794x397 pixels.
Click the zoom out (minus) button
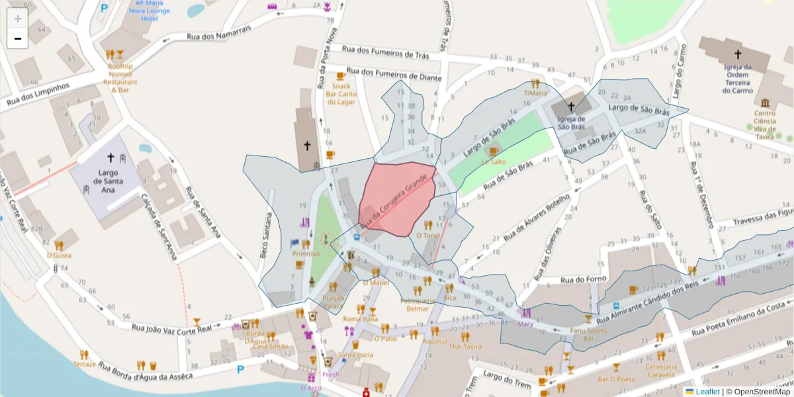click(18, 38)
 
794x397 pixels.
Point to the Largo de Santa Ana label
click(110, 179)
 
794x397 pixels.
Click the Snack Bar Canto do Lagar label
click(341, 94)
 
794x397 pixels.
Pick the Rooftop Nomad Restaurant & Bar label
click(120, 78)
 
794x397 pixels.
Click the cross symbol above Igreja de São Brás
click(571, 107)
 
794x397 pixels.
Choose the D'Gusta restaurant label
click(59, 255)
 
